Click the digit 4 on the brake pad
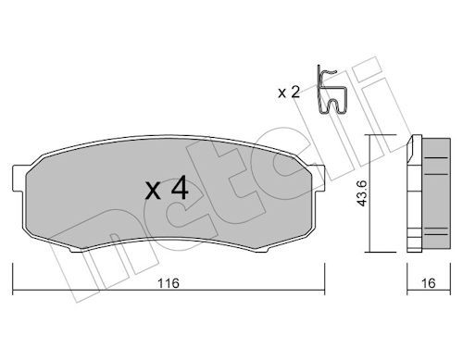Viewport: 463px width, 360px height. click(x=181, y=190)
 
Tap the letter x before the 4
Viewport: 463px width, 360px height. click(x=154, y=192)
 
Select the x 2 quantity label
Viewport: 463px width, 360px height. click(x=289, y=92)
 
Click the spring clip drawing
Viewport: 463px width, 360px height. click(x=330, y=91)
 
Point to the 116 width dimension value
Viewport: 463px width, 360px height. click(x=169, y=282)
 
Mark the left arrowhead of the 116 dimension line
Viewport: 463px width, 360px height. click(x=16, y=267)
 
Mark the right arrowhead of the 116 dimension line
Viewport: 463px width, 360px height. click(x=321, y=267)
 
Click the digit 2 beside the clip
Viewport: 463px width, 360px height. click(x=295, y=92)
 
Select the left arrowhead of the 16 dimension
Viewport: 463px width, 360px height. click(x=410, y=267)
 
